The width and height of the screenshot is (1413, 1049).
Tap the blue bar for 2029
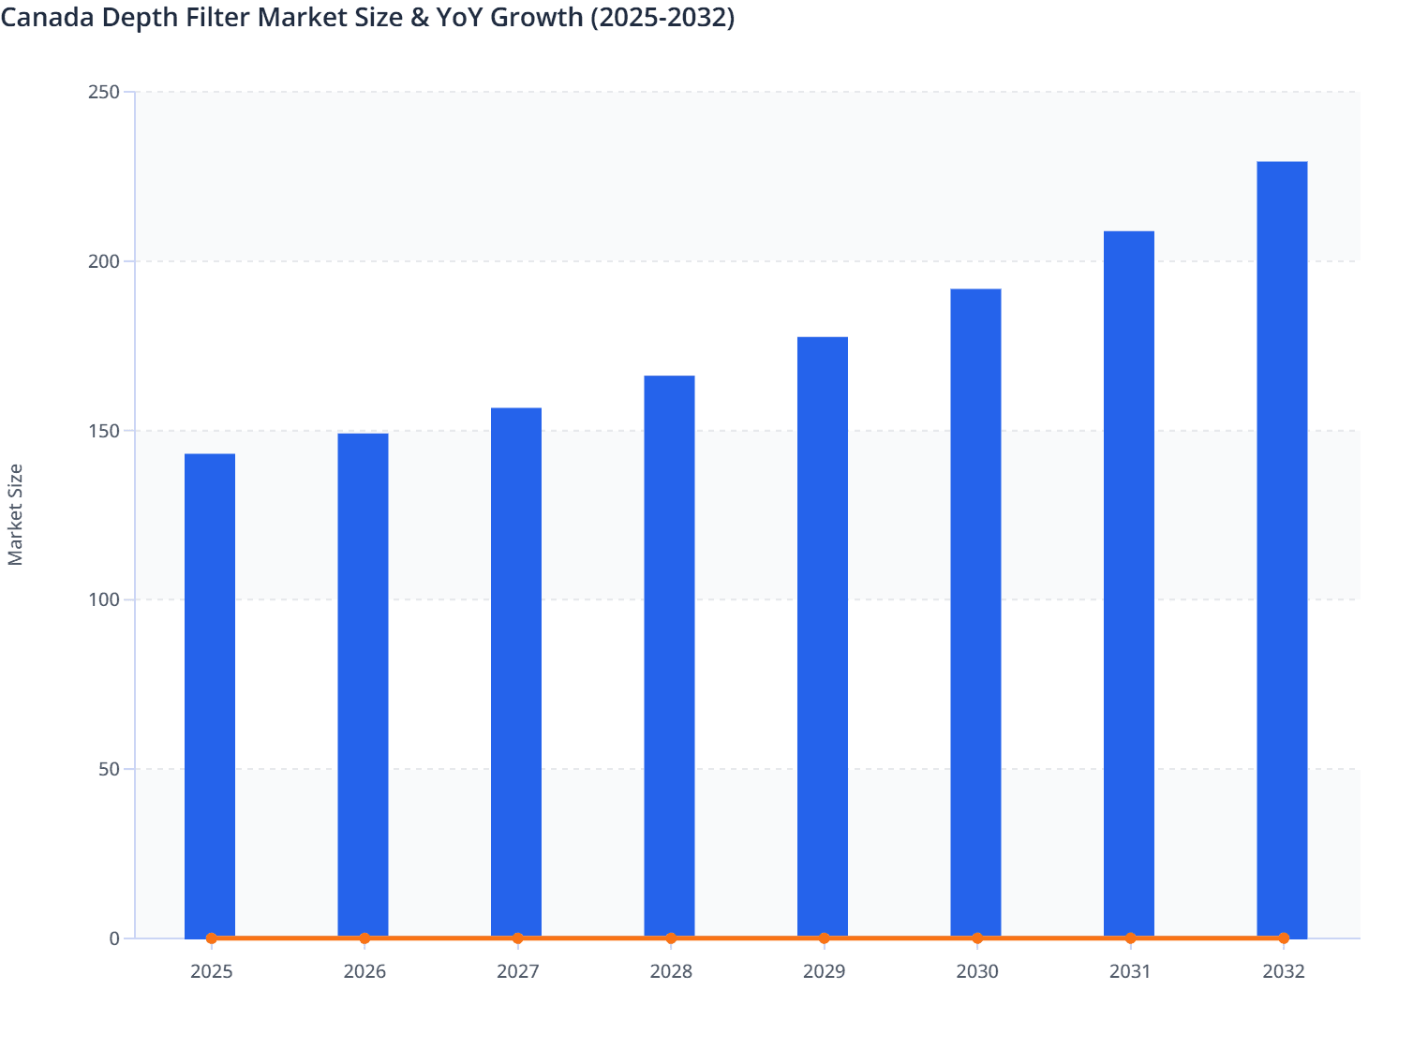pyautogui.click(x=823, y=637)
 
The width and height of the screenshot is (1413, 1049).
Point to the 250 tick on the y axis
pyautogui.click(x=103, y=92)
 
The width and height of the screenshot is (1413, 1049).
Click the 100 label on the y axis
pyautogui.click(x=103, y=599)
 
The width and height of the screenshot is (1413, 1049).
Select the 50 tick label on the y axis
pyautogui.click(x=108, y=769)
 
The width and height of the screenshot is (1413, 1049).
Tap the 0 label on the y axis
pyautogui.click(x=114, y=938)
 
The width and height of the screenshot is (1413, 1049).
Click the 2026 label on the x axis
pyautogui.click(x=364, y=971)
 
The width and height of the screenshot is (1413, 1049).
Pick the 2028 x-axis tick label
pyautogui.click(x=671, y=971)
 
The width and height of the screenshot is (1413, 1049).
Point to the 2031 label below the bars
pyautogui.click(x=1130, y=971)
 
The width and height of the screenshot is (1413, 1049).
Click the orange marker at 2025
pyautogui.click(x=212, y=938)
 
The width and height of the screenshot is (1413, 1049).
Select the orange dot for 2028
pyautogui.click(x=671, y=938)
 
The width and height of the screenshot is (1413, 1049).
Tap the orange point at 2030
pyautogui.click(x=977, y=938)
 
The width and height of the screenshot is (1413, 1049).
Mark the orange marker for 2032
pyautogui.click(x=1284, y=938)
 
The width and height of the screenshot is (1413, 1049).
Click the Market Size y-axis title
pyautogui.click(x=15, y=514)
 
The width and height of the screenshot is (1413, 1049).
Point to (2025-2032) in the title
pyautogui.click(x=662, y=17)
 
